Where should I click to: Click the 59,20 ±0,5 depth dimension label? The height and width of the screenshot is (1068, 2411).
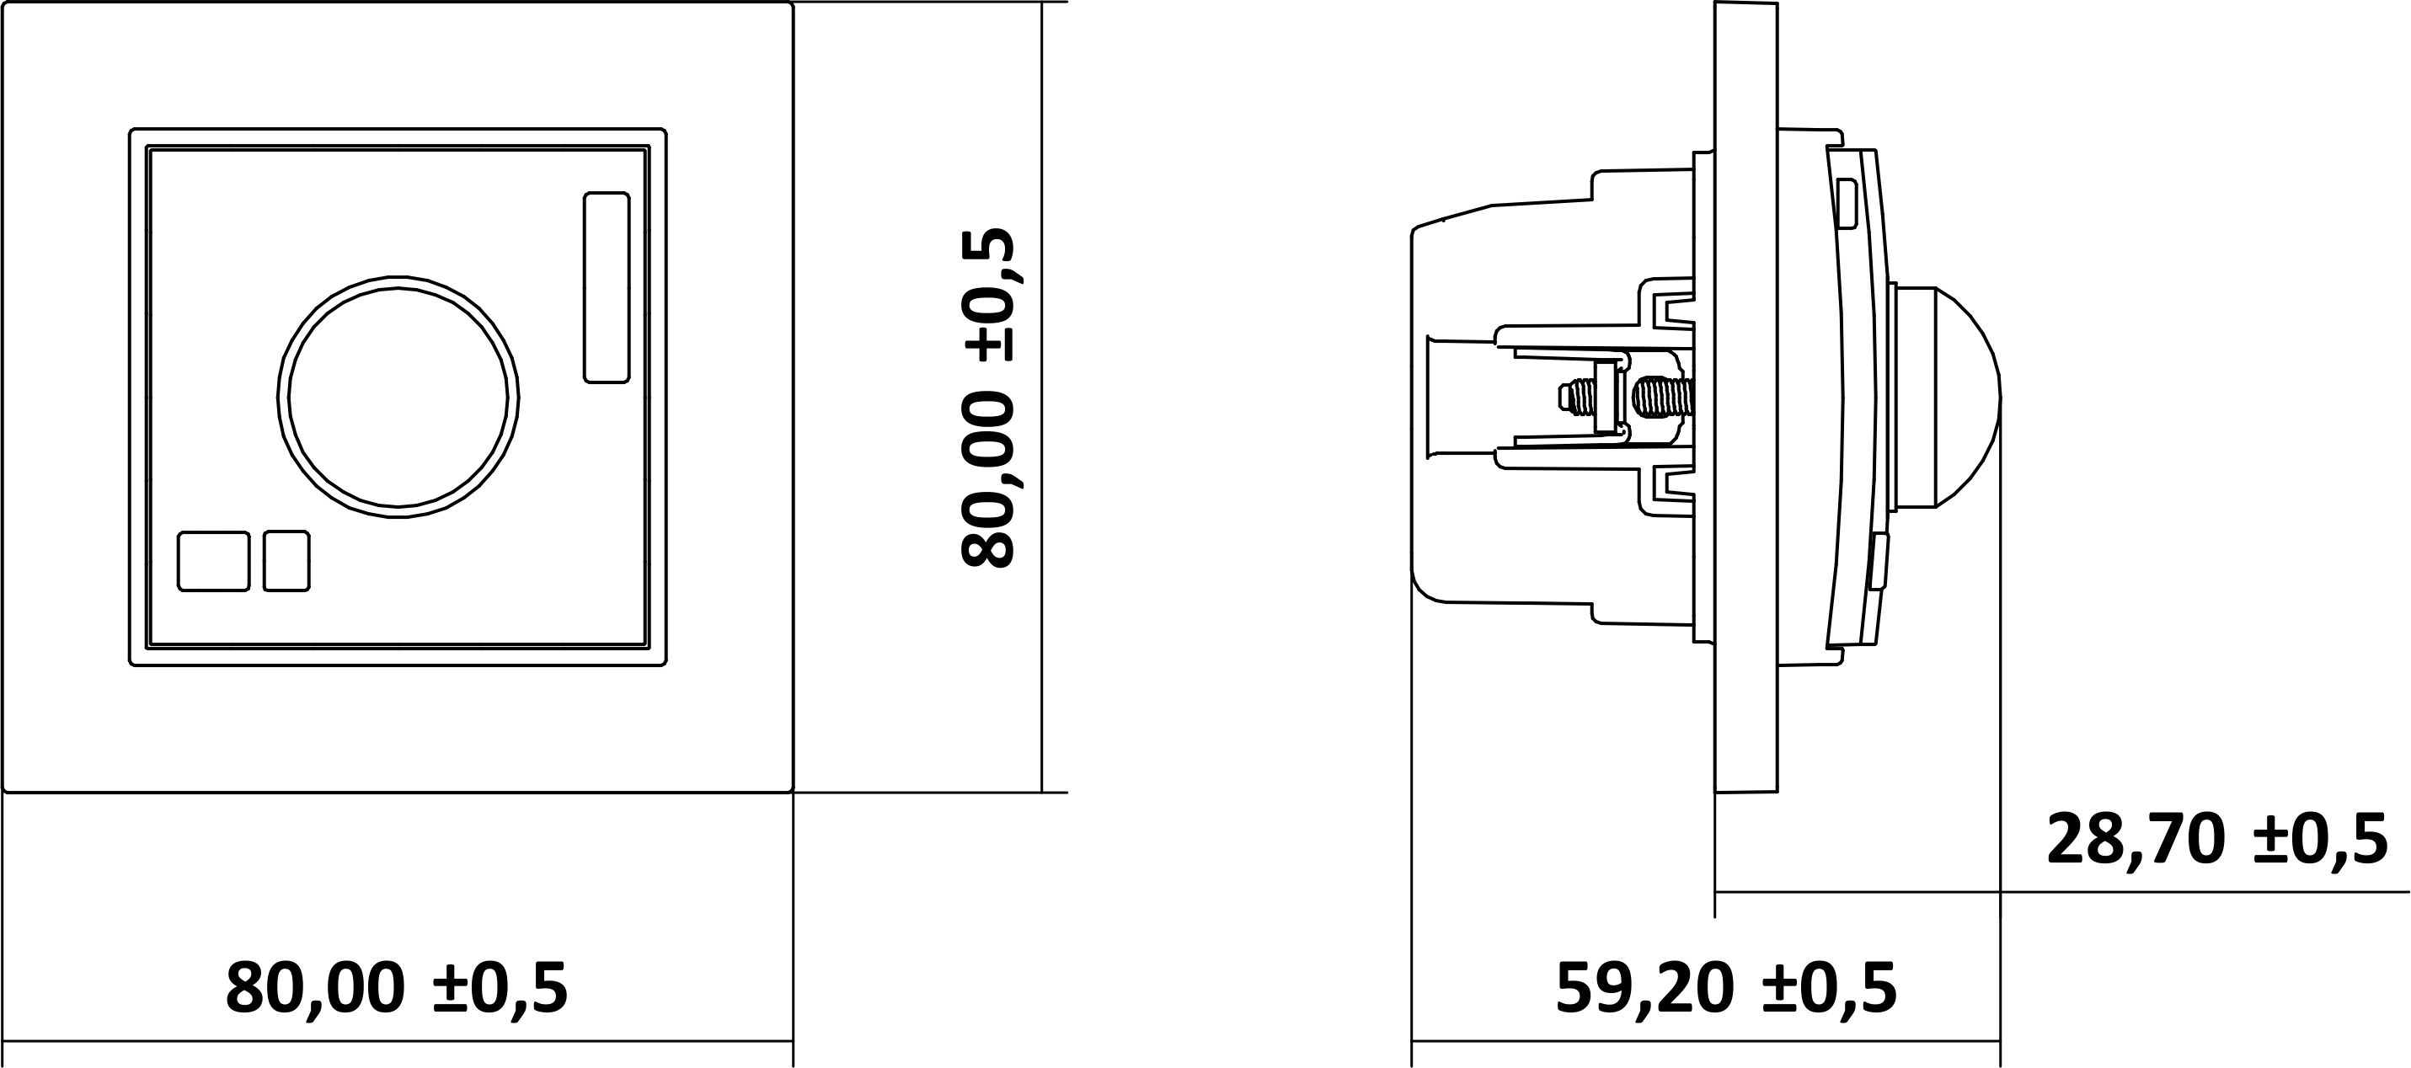pos(1726,987)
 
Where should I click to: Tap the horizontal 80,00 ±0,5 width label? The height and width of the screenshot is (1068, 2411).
pos(397,987)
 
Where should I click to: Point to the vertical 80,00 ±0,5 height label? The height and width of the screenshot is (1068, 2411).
pos(987,398)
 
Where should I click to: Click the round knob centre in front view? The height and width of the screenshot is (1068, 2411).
pos(398,397)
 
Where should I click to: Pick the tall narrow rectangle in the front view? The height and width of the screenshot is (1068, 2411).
pos(607,287)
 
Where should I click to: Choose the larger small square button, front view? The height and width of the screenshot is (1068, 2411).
pos(213,562)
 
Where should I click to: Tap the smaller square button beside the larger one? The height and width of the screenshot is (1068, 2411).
pos(286,562)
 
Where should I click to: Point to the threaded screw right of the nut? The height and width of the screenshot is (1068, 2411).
pos(1662,397)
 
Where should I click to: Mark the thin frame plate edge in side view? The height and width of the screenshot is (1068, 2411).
pos(1746,398)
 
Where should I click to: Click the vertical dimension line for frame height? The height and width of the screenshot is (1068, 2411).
pos(1043,398)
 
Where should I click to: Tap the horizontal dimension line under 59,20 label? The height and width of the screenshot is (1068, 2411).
pos(1705,1041)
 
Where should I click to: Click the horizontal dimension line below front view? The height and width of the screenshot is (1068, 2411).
pos(398,1041)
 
